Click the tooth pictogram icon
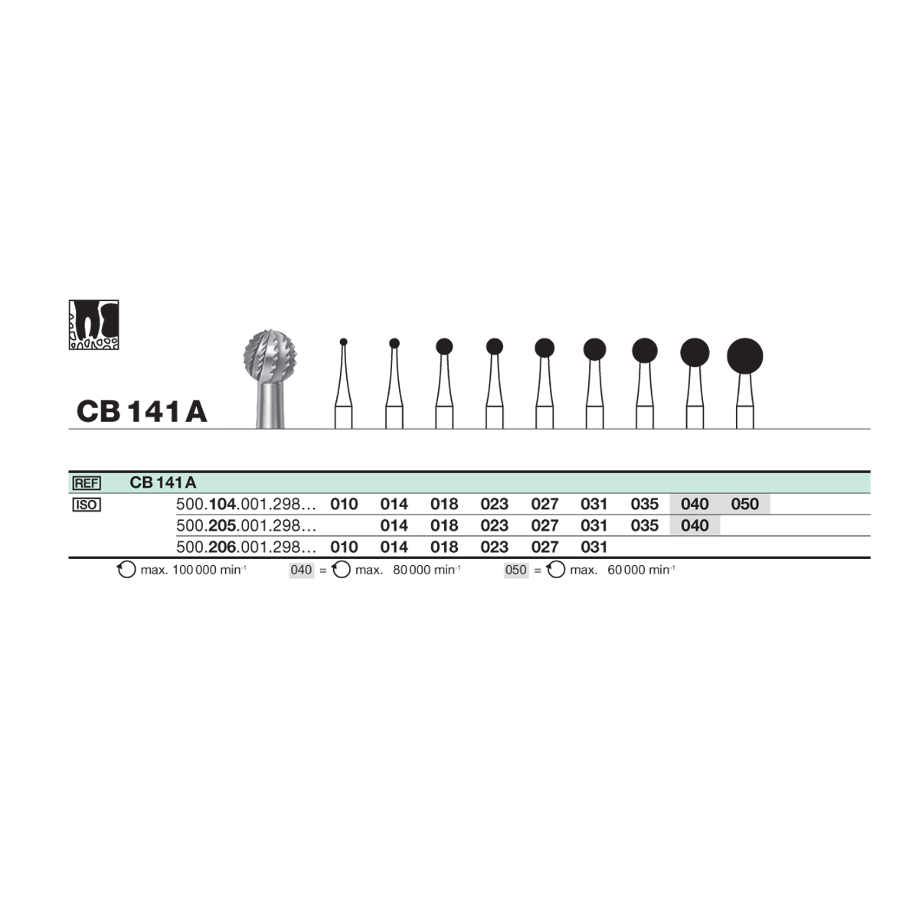[x=93, y=325]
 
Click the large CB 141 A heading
[x=142, y=411]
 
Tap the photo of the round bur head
[x=270, y=378]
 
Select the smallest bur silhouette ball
[x=343, y=342]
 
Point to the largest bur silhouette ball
[x=744, y=356]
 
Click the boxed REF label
[x=87, y=483]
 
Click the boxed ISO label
[x=87, y=505]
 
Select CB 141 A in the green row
[x=162, y=482]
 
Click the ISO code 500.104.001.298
[x=246, y=504]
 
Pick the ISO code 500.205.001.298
[x=246, y=525]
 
